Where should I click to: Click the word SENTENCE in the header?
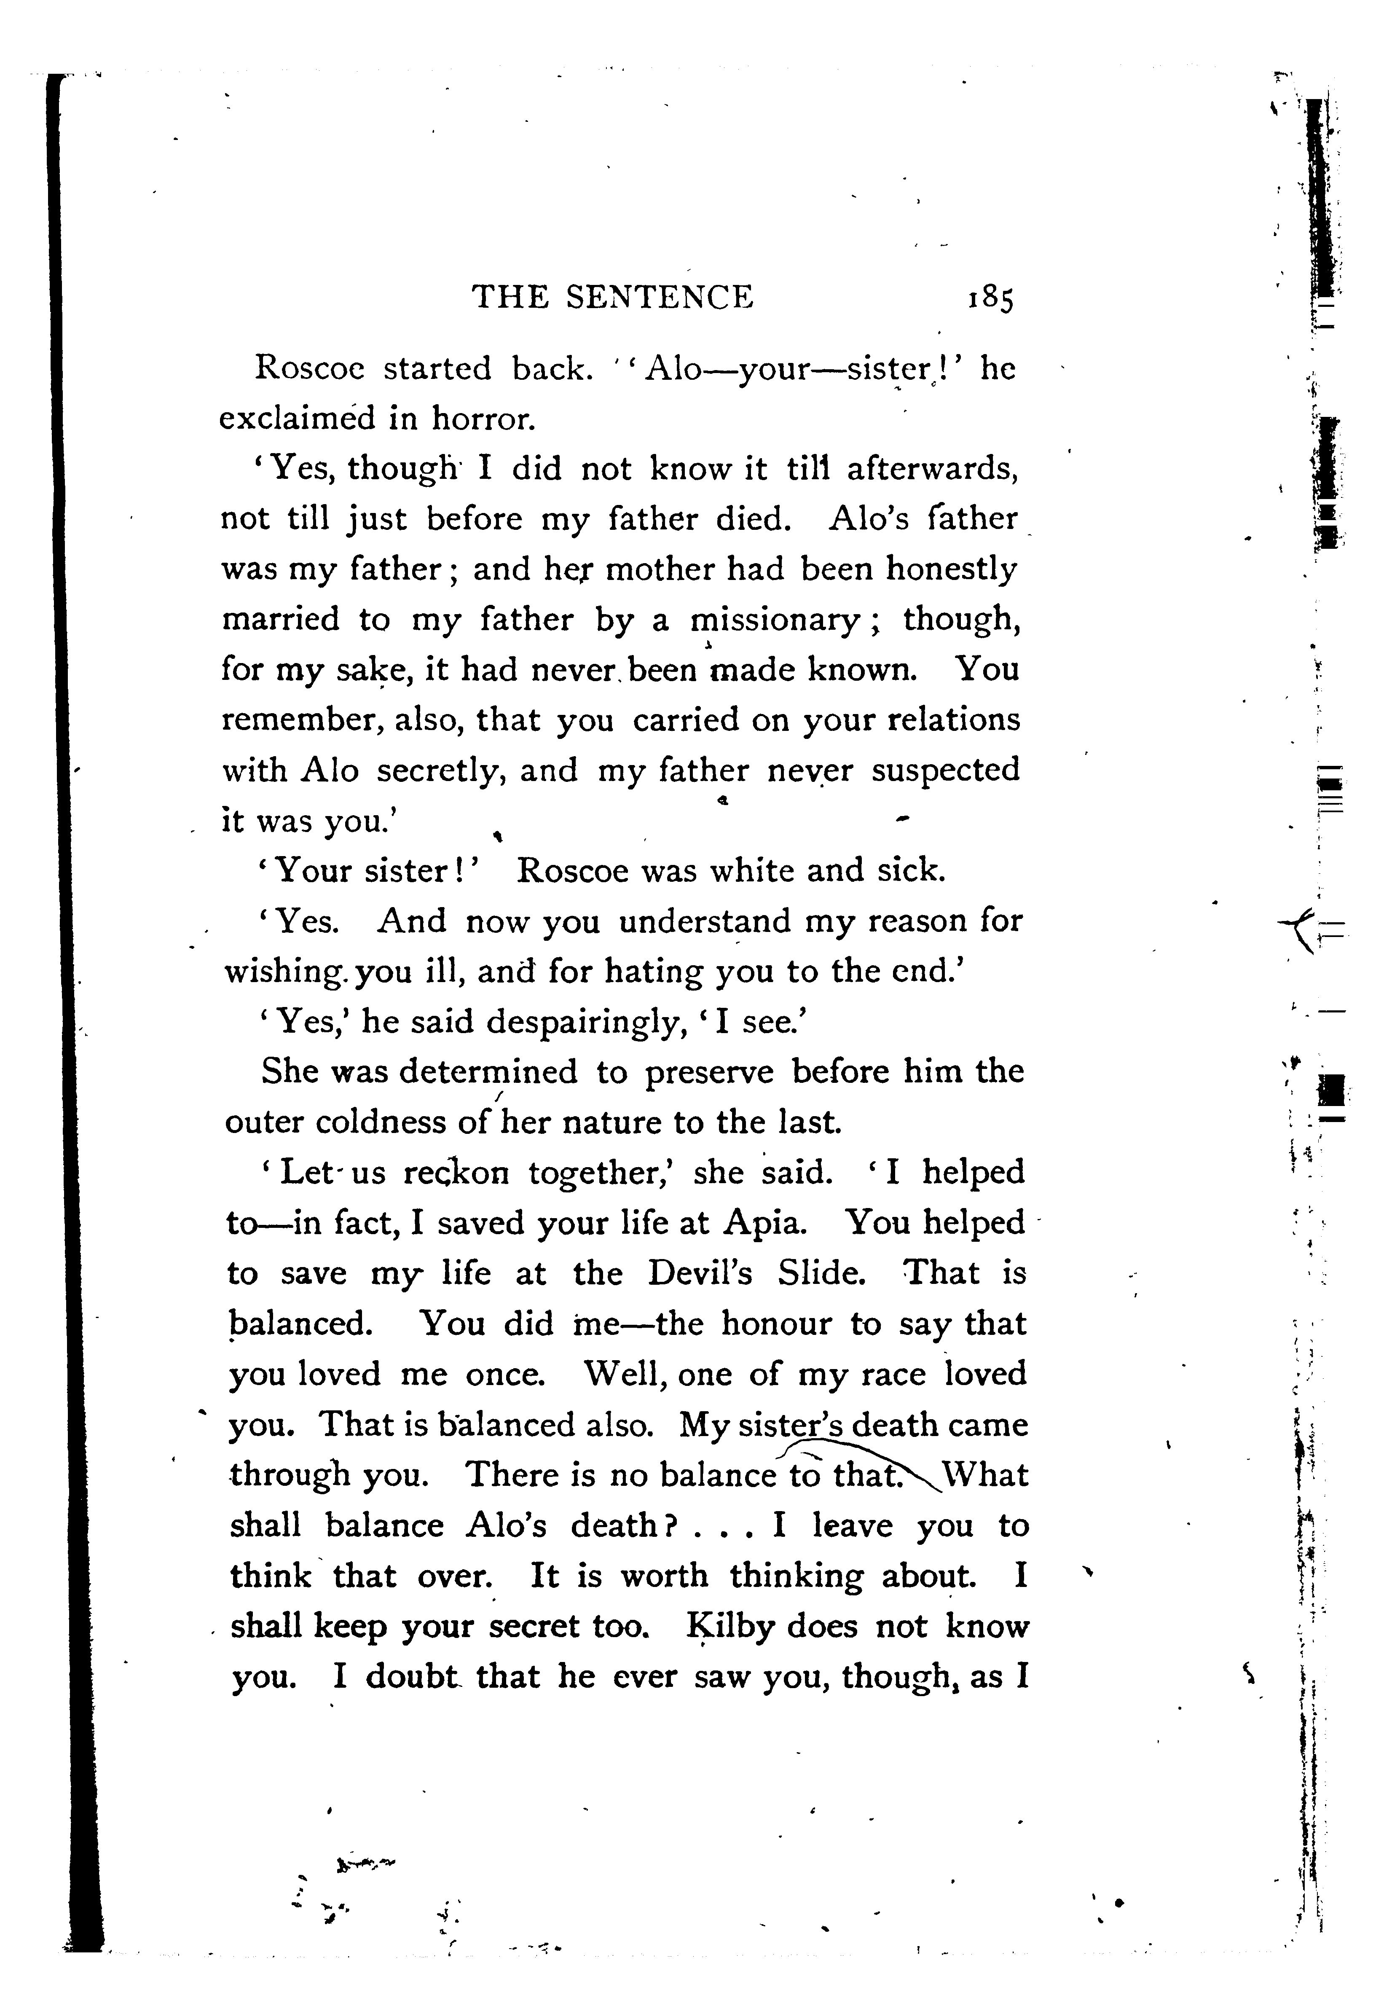(x=659, y=298)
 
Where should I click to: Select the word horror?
(x=483, y=419)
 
